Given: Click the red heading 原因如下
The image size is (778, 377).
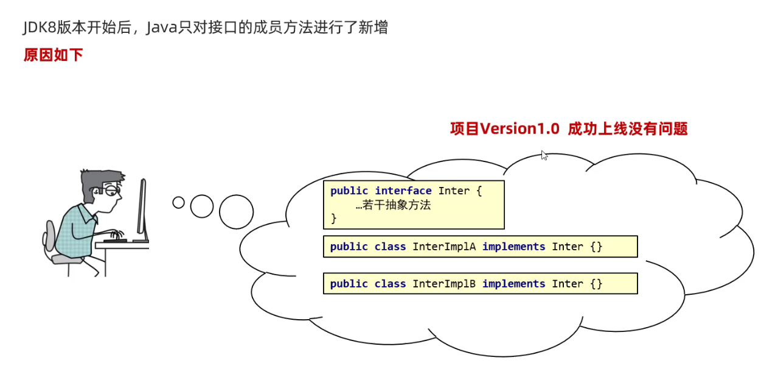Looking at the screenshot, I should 53,55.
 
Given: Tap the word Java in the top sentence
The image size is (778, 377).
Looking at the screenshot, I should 161,27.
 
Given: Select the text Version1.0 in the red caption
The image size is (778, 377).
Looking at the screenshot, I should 519,129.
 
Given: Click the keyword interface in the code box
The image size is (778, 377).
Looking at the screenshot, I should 403,191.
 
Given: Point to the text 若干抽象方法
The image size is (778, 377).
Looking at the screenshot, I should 396,205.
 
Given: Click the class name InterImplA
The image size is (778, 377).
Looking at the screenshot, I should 444,247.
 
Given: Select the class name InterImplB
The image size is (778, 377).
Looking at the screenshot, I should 444,284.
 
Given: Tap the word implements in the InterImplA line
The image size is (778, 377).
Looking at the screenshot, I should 513,247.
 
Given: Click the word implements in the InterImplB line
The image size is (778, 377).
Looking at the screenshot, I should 513,284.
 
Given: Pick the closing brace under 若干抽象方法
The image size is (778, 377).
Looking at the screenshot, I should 333,218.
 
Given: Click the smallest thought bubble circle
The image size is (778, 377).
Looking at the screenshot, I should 178,202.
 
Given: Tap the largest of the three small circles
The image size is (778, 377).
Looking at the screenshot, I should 236,212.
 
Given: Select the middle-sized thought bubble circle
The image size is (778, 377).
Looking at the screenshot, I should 202,206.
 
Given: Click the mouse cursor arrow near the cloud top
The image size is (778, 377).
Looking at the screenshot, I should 544,155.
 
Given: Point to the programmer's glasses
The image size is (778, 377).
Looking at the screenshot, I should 113,191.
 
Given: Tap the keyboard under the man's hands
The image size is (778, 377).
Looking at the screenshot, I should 115,241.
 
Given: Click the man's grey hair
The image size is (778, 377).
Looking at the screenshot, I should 97,180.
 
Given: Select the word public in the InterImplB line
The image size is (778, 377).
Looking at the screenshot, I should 349,284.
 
